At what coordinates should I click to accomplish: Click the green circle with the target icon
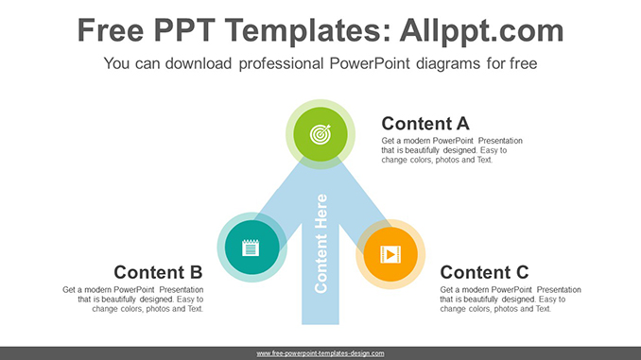pyautogui.click(x=320, y=134)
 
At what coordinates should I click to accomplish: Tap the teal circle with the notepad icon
pyautogui.click(x=251, y=248)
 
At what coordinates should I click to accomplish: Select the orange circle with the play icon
pyautogui.click(x=390, y=254)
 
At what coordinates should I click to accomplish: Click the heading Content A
pyautogui.click(x=425, y=124)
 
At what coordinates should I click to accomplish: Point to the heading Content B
pyautogui.click(x=158, y=272)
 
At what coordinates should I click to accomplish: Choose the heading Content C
pyautogui.click(x=484, y=272)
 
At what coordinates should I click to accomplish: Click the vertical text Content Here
pyautogui.click(x=320, y=244)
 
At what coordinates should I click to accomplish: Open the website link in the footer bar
pyautogui.click(x=320, y=353)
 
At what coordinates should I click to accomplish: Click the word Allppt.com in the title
pyautogui.click(x=481, y=30)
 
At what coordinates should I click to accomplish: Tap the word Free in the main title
pyautogui.click(x=111, y=30)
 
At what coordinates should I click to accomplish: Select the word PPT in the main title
pyautogui.click(x=184, y=30)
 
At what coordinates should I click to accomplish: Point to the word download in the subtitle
pyautogui.click(x=199, y=63)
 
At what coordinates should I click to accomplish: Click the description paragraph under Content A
pyautogui.click(x=452, y=150)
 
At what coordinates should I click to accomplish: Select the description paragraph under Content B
pyautogui.click(x=133, y=300)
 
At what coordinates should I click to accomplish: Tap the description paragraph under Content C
pyautogui.click(x=511, y=300)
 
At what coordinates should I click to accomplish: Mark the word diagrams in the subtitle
pyautogui.click(x=448, y=64)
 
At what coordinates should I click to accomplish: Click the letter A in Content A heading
pyautogui.click(x=462, y=124)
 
